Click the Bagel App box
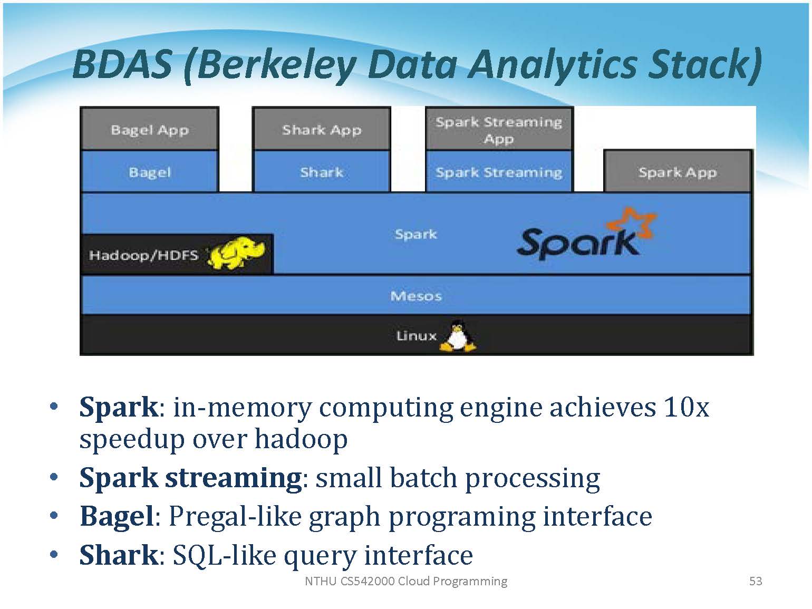pyautogui.click(x=150, y=129)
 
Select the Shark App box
pyautogui.click(x=322, y=129)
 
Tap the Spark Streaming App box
pyautogui.click(x=498, y=129)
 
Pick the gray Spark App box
pyautogui.click(x=678, y=172)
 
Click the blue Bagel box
pyautogui.click(x=150, y=172)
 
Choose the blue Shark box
pyautogui.click(x=322, y=172)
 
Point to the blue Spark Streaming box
pyautogui.click(x=498, y=172)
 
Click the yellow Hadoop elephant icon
pyautogui.click(x=236, y=254)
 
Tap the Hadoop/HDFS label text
pyautogui.click(x=143, y=255)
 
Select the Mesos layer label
pyautogui.click(x=416, y=296)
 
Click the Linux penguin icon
pyautogui.click(x=458, y=336)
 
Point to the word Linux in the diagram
pyautogui.click(x=416, y=336)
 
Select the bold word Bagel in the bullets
pyautogui.click(x=117, y=516)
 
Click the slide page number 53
pyautogui.click(x=756, y=581)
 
